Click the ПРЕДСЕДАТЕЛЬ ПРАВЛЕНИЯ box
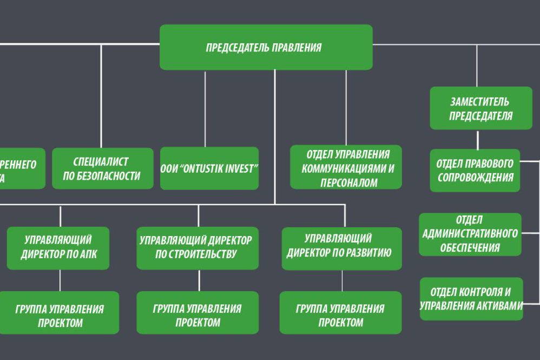266,47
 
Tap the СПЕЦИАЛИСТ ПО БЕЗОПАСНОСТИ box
103,168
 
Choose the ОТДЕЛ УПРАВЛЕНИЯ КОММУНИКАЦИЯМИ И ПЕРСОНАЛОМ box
346,167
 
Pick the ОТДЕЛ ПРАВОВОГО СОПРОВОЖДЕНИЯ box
475,171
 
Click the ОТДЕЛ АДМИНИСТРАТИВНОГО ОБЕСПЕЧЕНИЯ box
470,234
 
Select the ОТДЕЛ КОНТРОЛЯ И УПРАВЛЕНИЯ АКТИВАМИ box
471,298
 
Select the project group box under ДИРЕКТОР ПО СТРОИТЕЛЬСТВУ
197,313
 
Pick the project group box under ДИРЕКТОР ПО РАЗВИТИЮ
340,313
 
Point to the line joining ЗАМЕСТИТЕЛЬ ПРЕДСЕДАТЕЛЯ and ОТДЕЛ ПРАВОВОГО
477,139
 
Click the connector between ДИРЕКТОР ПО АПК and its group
60,280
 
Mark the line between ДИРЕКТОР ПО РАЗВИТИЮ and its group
342,280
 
